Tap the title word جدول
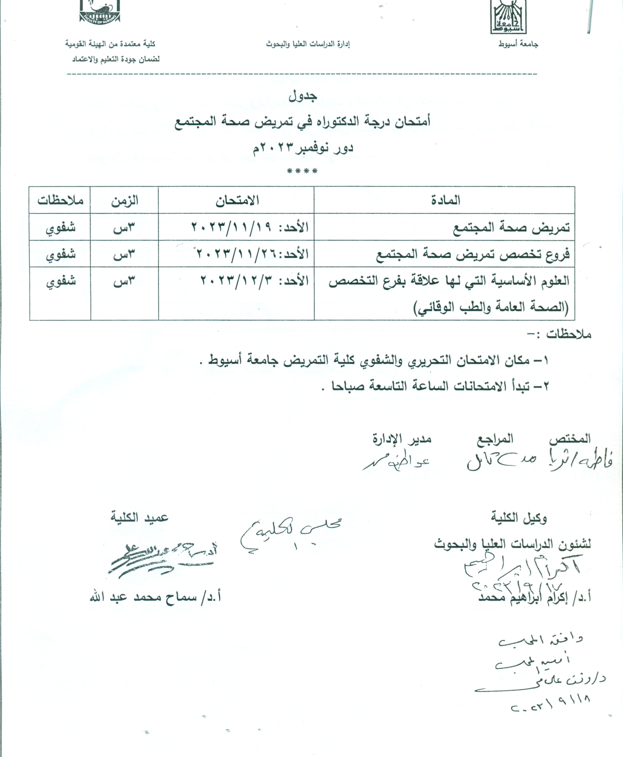pyautogui.click(x=303, y=96)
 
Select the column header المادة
pyautogui.click(x=445, y=200)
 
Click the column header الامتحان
pyautogui.click(x=237, y=200)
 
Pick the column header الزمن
pyautogui.click(x=125, y=200)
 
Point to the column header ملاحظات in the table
pyautogui.click(x=60, y=200)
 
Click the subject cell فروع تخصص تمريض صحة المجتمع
pyautogui.click(x=473, y=254)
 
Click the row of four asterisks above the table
pyautogui.click(x=302, y=171)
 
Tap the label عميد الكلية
pyautogui.click(x=139, y=518)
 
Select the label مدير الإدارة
pyautogui.click(x=402, y=439)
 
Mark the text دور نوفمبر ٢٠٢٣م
pyautogui.click(x=303, y=148)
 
